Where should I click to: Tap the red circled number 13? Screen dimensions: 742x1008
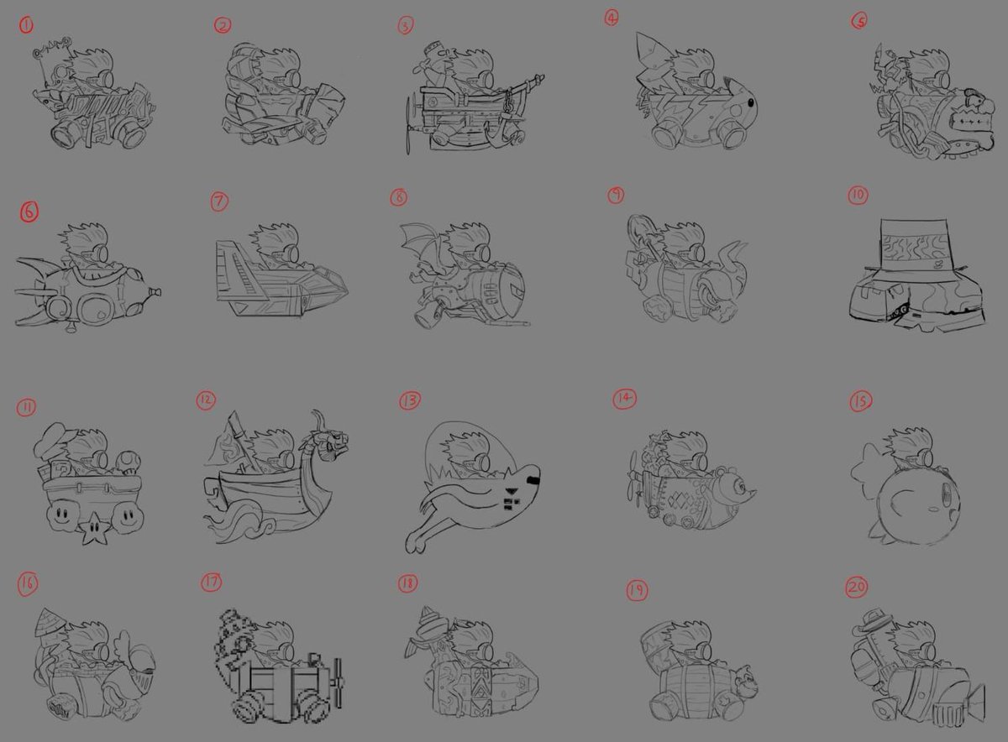click(410, 401)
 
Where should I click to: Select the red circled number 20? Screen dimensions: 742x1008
click(856, 588)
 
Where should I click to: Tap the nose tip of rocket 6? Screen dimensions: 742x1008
click(155, 293)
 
